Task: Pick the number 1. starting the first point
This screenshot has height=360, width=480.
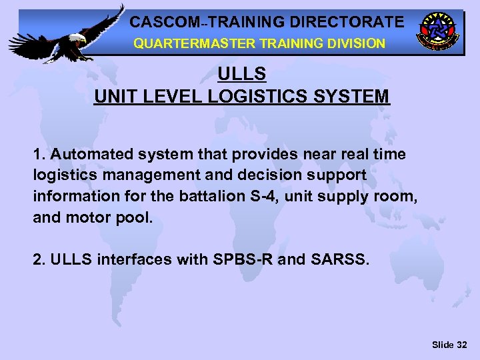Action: [x=39, y=154]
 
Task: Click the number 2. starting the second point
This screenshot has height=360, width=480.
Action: [x=39, y=259]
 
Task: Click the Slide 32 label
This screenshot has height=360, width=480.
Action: [x=449, y=344]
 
